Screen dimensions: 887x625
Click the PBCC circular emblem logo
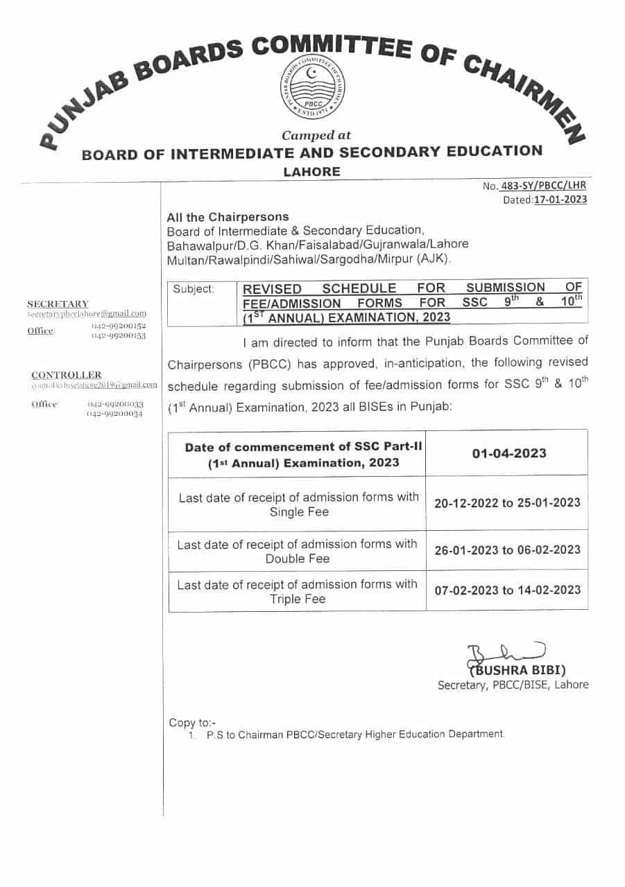(313, 89)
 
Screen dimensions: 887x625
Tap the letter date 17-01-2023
(560, 200)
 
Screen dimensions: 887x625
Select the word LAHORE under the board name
(312, 172)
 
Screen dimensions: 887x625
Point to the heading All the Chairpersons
(228, 217)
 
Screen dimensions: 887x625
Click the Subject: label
(194, 289)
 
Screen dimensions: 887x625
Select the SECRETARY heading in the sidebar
(58, 304)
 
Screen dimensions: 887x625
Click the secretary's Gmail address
(87, 314)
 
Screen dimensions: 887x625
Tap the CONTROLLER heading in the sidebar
(66, 375)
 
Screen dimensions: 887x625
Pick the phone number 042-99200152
(118, 325)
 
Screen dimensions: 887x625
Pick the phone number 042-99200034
(115, 413)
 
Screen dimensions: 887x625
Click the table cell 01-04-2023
(509, 453)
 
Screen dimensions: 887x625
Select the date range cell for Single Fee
(507, 503)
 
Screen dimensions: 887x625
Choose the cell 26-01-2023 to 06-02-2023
(507, 550)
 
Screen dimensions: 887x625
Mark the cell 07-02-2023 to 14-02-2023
(507, 590)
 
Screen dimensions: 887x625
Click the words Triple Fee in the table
(297, 599)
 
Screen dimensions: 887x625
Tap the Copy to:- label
(192, 723)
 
